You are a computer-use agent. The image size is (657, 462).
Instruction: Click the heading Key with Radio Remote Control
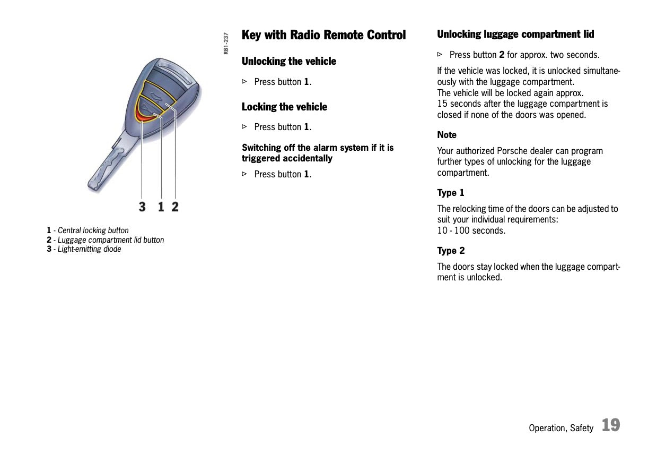[323, 35]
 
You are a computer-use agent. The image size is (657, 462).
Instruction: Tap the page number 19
[610, 425]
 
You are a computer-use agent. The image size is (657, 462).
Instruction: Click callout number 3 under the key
[142, 206]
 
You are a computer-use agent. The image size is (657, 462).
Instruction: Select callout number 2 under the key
[175, 206]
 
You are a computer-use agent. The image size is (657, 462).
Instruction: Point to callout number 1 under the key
[161, 206]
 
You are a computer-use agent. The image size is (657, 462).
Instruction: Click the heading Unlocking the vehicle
[288, 61]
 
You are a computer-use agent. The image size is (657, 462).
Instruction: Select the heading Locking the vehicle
[284, 107]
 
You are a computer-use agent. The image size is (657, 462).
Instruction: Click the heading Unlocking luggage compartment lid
[515, 34]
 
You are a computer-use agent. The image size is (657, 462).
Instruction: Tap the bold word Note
[446, 135]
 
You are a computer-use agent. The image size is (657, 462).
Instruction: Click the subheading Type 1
[450, 193]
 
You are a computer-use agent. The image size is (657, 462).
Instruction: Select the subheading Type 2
[451, 251]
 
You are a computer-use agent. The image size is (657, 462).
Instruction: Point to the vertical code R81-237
[226, 43]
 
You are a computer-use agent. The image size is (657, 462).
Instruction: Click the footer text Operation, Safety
[560, 428]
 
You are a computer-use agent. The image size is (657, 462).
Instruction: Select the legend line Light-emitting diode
[89, 249]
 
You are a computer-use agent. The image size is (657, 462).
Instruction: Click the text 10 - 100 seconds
[471, 230]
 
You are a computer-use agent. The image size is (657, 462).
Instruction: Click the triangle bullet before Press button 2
[440, 54]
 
